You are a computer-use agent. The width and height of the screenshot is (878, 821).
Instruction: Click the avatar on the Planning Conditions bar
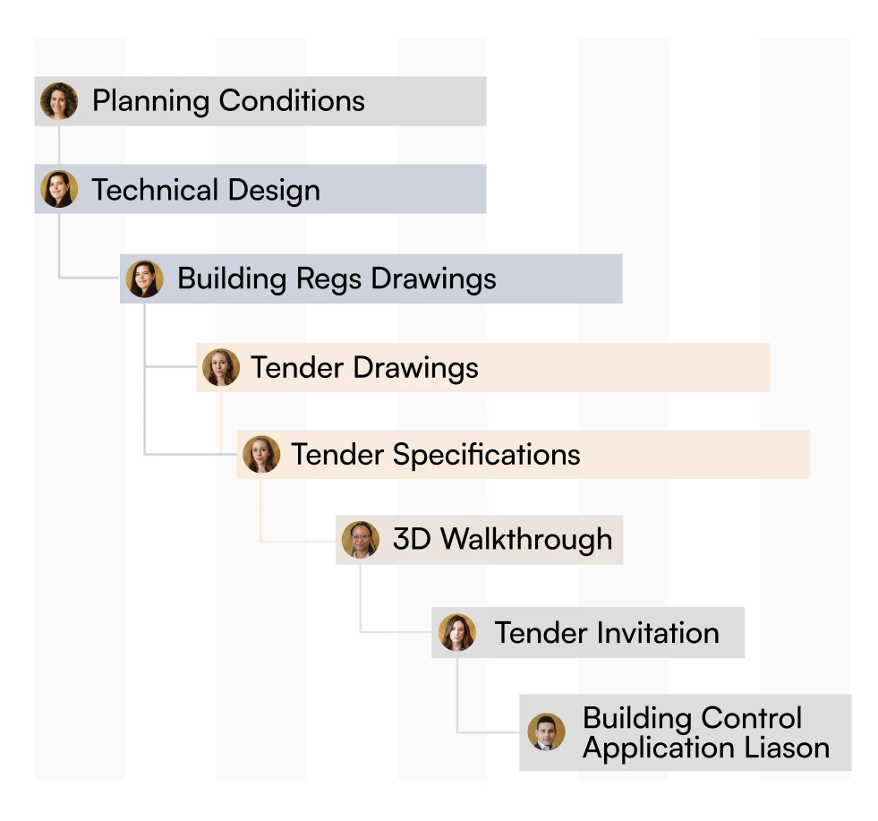click(x=59, y=101)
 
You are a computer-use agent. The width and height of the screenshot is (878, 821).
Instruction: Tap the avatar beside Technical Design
click(x=59, y=189)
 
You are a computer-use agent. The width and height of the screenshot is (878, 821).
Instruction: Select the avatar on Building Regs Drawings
click(x=144, y=278)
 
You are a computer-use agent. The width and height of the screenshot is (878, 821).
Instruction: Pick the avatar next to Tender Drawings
click(x=221, y=367)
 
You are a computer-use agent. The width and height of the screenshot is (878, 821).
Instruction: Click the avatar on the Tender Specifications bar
click(x=261, y=454)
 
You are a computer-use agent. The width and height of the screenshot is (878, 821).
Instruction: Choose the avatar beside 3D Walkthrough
click(x=361, y=540)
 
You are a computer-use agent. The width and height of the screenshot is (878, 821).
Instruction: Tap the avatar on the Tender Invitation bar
click(x=457, y=632)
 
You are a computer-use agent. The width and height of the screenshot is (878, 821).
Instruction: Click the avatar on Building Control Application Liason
click(x=546, y=732)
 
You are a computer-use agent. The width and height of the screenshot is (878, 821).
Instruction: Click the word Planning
click(x=151, y=102)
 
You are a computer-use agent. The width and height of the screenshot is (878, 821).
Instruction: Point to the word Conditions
click(x=292, y=101)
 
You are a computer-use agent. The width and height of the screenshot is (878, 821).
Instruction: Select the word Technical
click(x=155, y=189)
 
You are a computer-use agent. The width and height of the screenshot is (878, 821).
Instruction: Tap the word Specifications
click(x=487, y=455)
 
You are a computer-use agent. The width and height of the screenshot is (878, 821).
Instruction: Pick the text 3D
click(x=412, y=539)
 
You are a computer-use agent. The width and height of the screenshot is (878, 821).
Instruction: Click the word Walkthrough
click(x=526, y=540)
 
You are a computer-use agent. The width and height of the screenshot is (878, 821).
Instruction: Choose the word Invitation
click(x=658, y=633)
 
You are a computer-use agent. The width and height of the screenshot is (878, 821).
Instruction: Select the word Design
click(x=275, y=191)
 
